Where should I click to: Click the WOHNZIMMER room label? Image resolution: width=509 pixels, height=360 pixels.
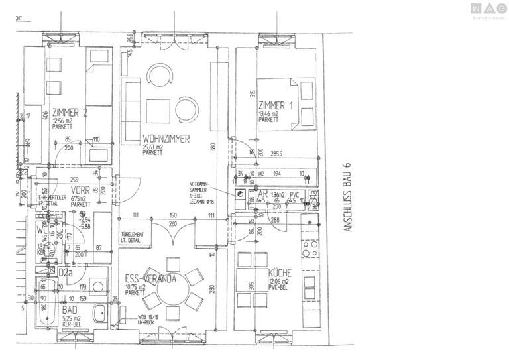click(166, 139)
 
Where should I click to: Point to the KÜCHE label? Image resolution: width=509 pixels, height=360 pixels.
click(280, 273)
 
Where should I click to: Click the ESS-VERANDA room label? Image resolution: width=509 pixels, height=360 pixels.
click(150, 279)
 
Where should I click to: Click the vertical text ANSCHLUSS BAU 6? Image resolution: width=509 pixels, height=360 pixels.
click(345, 198)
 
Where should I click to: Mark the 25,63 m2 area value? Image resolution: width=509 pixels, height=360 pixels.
click(154, 147)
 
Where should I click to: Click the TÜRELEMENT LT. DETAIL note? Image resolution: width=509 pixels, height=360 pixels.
click(134, 237)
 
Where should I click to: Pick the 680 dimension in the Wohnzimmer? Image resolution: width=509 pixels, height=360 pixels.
click(213, 147)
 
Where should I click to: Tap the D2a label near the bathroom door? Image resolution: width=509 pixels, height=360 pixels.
click(65, 272)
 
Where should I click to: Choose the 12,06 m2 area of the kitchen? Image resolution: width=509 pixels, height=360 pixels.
click(280, 281)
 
